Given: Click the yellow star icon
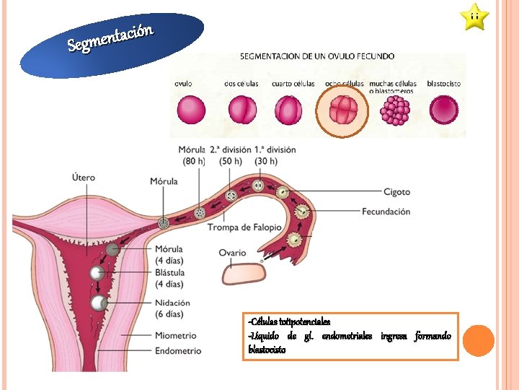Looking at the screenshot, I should pos(474,17).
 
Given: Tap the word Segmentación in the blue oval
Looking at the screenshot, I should pos(110,39).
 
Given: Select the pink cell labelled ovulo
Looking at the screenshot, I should pos(191,111).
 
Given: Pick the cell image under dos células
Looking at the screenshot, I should pos(242,111).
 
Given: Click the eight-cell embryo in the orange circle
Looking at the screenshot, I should pos(343,111).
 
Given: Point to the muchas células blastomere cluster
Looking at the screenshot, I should pos(395,111).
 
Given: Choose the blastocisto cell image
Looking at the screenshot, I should pos(443,111).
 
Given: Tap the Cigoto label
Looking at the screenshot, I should pos(396,192).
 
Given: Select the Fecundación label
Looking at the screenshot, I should pos(386,212).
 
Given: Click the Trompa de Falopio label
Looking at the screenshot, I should pos(244,227).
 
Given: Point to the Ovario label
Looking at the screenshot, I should pos(232,253).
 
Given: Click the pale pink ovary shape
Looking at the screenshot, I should pos(244,274).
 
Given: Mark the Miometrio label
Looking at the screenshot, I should pos(175,336).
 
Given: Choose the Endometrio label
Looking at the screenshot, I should pos(177,351).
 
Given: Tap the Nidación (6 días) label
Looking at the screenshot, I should pos(172,308).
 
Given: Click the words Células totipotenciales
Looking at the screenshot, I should pos(288,321).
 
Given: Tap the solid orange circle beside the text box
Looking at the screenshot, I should pos(478,340).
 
